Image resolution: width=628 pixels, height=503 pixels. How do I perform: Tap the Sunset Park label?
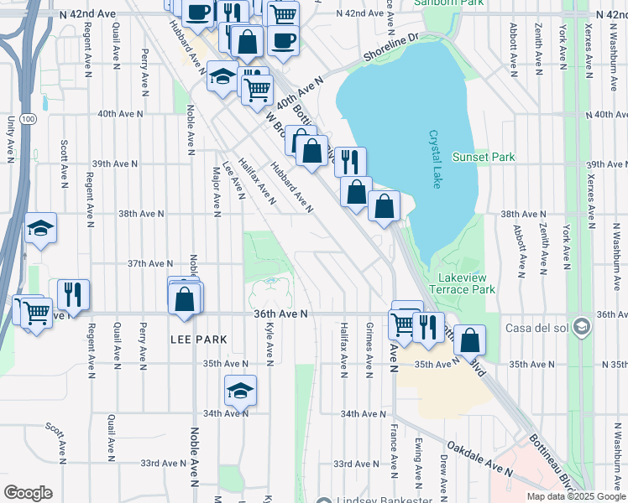pos(483,157)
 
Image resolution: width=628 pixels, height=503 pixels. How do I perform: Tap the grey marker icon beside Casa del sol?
pos(581,328)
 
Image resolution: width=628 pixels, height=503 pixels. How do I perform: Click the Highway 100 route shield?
pos(29,120)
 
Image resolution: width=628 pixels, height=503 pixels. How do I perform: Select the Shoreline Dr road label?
pos(390,48)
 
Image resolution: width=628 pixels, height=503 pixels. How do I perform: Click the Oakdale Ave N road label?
pos(479,459)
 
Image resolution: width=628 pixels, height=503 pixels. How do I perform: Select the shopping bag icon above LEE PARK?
pos(186,298)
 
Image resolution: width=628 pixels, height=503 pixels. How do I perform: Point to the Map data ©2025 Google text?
pos(576,496)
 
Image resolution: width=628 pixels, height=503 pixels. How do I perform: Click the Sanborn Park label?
pos(442,3)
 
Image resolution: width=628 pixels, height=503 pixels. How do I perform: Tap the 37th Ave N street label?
pos(149,263)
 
